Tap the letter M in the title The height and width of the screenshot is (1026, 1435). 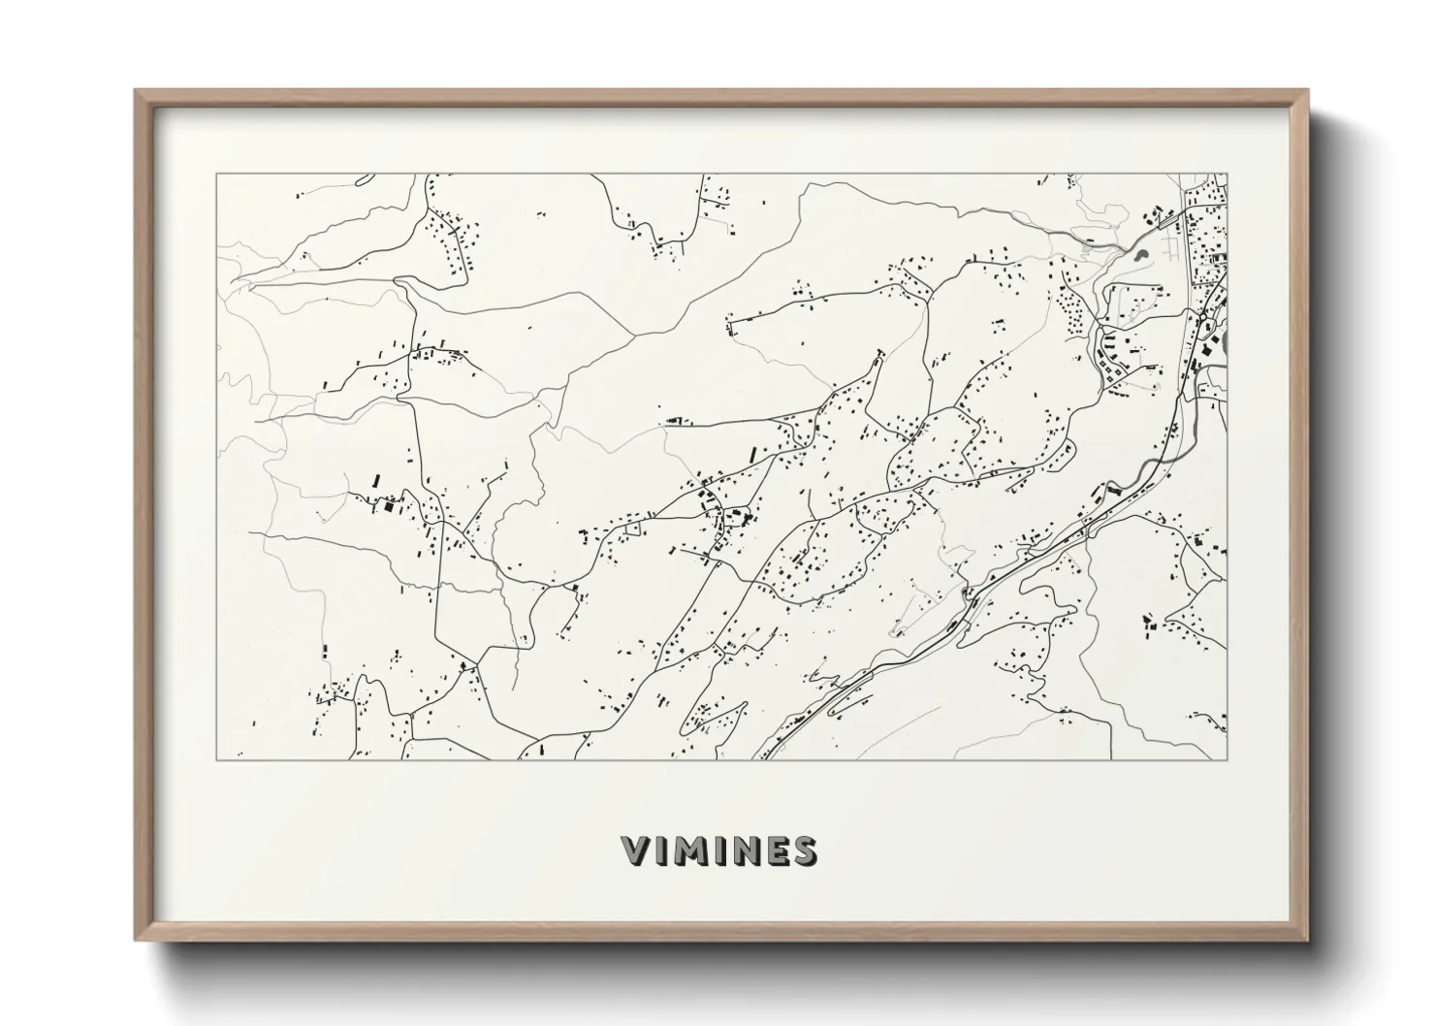coord(691,851)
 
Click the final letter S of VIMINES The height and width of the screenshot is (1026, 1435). coord(804,851)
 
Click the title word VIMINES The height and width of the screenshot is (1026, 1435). coord(718,851)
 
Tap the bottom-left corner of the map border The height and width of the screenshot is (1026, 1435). coord(216,759)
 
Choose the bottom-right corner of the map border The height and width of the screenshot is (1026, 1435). coord(1228,759)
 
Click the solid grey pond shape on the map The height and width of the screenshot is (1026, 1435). coord(1139,256)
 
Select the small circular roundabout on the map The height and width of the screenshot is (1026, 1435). coord(1204,317)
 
